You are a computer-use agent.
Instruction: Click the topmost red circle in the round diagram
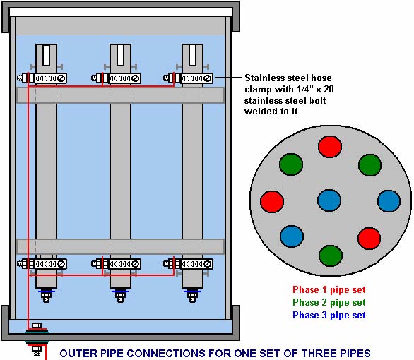pyautogui.click(x=330, y=147)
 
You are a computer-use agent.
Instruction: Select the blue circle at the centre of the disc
pyautogui.click(x=329, y=200)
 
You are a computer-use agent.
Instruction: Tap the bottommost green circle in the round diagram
pyautogui.click(x=331, y=256)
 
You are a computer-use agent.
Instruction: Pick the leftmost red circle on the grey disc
pyautogui.click(x=272, y=202)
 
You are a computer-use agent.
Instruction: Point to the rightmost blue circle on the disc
pyautogui.click(x=389, y=201)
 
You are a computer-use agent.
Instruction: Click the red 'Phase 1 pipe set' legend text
pyautogui.click(x=329, y=290)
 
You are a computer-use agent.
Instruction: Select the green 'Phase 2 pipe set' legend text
pyautogui.click(x=329, y=302)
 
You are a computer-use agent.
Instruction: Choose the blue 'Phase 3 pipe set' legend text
pyautogui.click(x=329, y=315)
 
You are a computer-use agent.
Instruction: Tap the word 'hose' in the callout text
pyautogui.click(x=321, y=78)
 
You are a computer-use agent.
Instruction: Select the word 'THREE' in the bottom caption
pyautogui.click(x=319, y=354)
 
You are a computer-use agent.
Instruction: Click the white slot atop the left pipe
pyautogui.click(x=46, y=55)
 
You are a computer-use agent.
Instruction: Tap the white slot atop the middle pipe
pyautogui.click(x=121, y=55)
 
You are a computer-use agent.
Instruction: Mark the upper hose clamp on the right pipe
pyautogui.click(x=188, y=78)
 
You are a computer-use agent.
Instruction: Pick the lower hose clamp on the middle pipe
pyautogui.click(x=116, y=264)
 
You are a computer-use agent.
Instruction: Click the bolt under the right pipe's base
pyautogui.click(x=192, y=296)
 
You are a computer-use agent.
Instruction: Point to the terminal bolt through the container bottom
pyautogui.click(x=37, y=339)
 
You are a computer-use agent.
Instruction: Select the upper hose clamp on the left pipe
pyautogui.click(x=42, y=78)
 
